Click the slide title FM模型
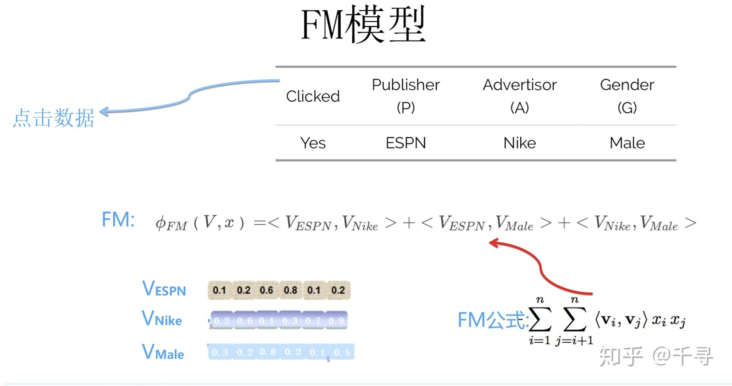(363, 24)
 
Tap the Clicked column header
(313, 96)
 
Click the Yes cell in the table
(313, 143)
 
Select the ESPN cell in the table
(406, 143)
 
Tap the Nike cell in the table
(519, 143)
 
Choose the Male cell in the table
(627, 143)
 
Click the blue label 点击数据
(53, 118)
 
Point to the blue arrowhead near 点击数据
(103, 111)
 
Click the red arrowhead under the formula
(494, 242)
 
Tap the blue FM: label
(118, 219)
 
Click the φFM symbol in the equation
(171, 224)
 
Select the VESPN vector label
(164, 289)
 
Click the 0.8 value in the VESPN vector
(290, 290)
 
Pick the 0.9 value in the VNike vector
(336, 321)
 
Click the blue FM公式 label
(492, 320)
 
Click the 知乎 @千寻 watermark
(655, 356)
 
